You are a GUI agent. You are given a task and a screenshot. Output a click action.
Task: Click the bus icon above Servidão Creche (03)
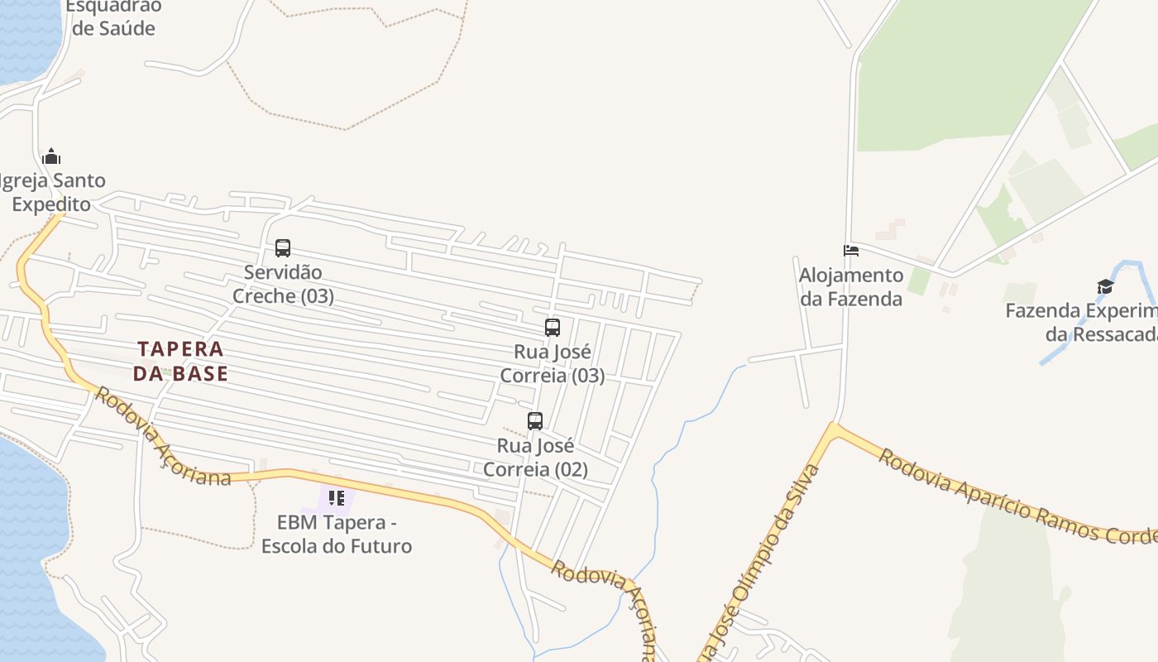[283, 247]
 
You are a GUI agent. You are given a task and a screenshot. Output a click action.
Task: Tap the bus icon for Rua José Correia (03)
[553, 327]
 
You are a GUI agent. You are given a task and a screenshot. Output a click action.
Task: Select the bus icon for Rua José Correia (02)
[535, 420]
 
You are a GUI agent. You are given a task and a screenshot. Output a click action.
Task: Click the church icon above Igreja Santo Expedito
[51, 156]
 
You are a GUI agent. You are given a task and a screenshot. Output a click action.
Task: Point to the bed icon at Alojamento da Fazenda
[851, 250]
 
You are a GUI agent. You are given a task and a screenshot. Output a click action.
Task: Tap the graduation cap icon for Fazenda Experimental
[1105, 286]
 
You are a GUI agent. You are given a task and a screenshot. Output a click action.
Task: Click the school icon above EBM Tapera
[337, 497]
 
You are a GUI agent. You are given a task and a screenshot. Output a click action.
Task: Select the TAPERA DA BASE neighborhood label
[180, 361]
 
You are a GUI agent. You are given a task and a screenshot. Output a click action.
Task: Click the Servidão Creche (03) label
[283, 284]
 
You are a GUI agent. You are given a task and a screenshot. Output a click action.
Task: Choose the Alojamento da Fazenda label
[851, 286]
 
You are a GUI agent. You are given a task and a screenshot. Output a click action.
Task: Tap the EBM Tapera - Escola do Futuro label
[337, 534]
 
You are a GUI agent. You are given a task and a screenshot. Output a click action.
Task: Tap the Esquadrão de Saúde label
[113, 17]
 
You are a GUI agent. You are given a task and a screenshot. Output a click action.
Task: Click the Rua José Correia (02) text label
[535, 458]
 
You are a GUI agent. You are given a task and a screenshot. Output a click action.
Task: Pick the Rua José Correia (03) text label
[553, 363]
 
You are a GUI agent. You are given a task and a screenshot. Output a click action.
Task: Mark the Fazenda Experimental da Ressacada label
[1084, 322]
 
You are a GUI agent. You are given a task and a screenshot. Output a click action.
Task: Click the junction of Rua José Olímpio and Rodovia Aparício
[834, 429]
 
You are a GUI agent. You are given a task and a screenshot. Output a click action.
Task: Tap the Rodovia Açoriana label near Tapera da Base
[162, 437]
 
